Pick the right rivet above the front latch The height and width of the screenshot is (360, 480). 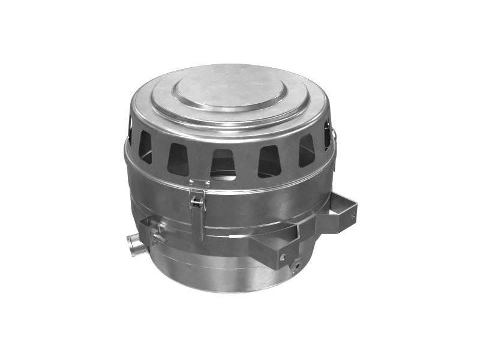click(x=208, y=182)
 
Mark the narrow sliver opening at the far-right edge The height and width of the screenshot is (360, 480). click(x=327, y=135)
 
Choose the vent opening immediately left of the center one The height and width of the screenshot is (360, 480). click(x=178, y=158)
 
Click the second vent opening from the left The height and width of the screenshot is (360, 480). click(x=146, y=146)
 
